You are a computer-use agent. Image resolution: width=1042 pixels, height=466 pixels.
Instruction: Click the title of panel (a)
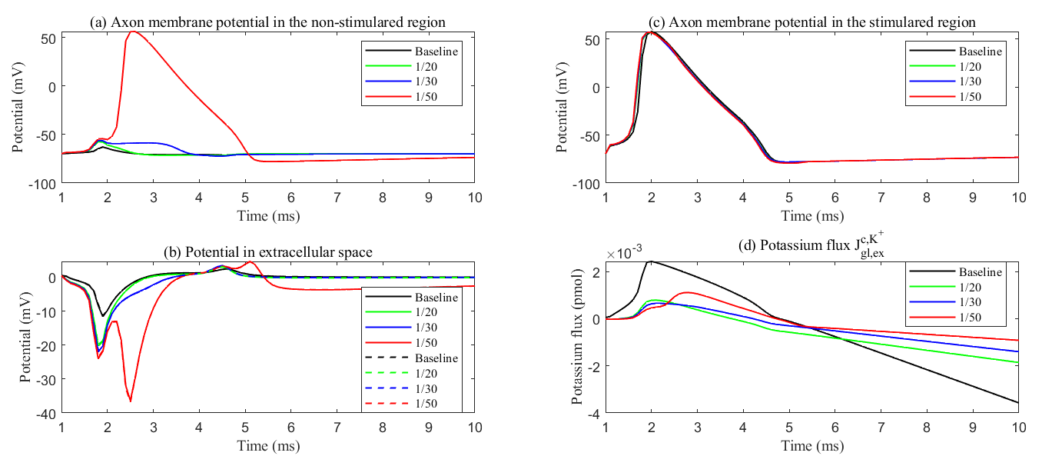click(267, 22)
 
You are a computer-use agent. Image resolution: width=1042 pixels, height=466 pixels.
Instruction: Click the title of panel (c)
click(811, 22)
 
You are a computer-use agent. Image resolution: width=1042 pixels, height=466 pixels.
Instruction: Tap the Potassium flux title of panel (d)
click(811, 248)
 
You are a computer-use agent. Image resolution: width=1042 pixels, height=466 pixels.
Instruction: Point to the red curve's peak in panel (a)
click(133, 32)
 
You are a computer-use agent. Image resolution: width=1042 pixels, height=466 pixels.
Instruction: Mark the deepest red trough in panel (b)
click(131, 401)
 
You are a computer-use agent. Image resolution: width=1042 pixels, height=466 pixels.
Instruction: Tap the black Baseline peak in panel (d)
click(651, 261)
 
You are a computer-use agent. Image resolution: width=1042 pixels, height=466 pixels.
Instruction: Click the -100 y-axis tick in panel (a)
click(45, 185)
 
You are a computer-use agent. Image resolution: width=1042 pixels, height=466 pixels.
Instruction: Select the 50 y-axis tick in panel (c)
click(592, 38)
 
